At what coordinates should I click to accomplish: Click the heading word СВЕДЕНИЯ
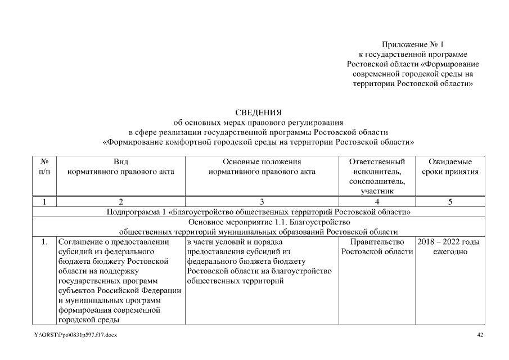point(258,113)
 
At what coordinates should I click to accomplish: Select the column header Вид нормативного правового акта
point(120,166)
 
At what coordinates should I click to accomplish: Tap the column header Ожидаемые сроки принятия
point(450,166)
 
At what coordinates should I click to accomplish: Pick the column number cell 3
point(262,202)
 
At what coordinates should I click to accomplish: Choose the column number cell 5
point(450,202)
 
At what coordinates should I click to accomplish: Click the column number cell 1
point(44,202)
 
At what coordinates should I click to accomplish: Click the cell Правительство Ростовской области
point(377,246)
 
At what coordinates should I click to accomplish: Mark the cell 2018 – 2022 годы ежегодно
point(449,246)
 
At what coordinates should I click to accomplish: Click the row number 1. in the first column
point(44,242)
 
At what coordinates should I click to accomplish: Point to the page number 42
point(480,335)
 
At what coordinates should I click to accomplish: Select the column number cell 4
point(376,202)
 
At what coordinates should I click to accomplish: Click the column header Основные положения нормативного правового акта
point(262,166)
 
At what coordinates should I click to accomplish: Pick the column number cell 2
point(120,202)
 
